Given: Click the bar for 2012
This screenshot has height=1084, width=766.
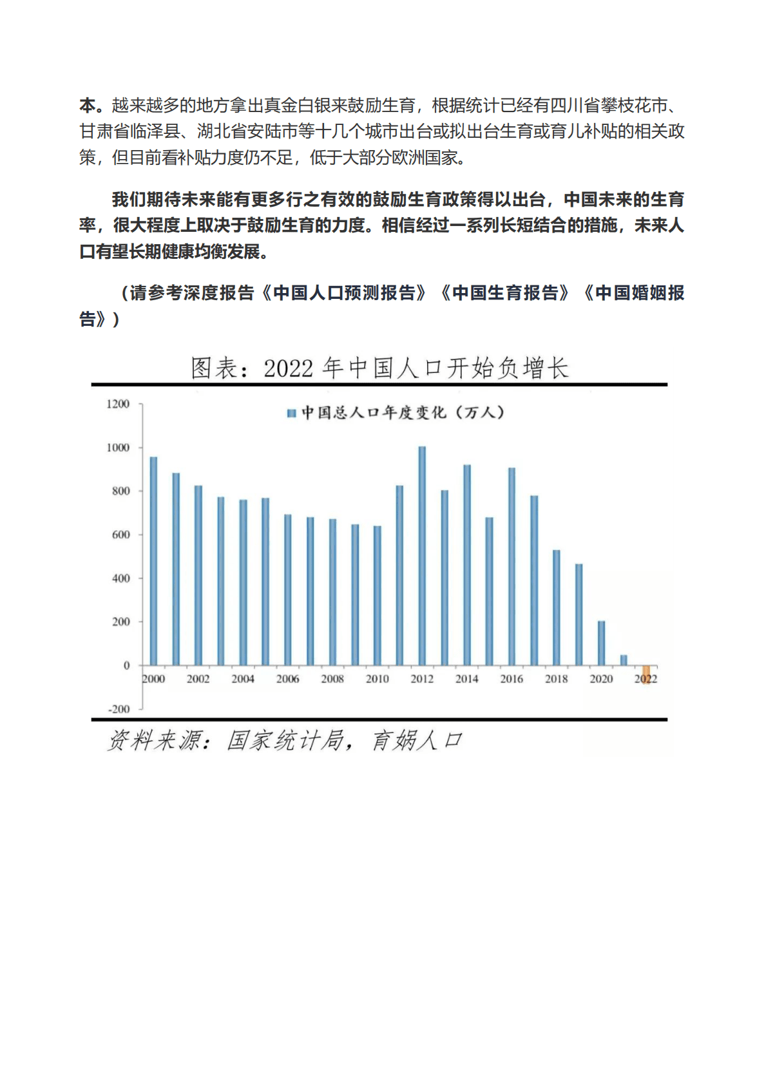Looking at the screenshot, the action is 422,555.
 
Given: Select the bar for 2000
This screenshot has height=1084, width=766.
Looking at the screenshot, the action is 153,560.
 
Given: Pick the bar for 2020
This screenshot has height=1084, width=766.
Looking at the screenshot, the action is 601,643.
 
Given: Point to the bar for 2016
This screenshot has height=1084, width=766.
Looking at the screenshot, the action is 512,566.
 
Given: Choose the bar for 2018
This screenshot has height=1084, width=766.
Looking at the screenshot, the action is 557,607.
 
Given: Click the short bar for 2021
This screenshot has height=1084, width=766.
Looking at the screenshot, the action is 624,660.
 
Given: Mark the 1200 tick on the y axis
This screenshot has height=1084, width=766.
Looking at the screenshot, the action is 118,404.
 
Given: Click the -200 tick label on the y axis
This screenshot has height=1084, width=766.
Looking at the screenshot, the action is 119,709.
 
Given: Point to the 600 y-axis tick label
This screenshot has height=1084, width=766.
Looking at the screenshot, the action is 120,535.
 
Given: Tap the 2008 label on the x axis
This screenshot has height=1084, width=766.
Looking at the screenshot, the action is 332,679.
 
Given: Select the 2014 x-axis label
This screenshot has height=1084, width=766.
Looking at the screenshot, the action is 467,679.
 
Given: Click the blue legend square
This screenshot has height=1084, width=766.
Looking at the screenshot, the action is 291,413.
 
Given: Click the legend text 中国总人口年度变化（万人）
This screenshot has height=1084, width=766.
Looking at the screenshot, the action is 403,412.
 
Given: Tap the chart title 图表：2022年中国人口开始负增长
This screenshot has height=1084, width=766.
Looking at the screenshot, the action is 379,368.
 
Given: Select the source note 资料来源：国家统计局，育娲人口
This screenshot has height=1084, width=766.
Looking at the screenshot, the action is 284,741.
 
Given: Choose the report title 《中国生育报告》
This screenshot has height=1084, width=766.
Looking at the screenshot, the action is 506,293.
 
